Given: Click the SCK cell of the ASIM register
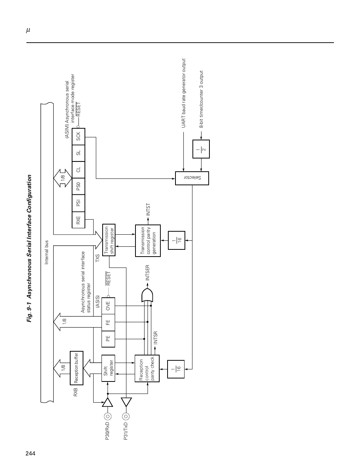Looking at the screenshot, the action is point(78,136).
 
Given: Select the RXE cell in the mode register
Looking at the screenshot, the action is point(78,220).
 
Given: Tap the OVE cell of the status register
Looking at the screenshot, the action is point(108,306).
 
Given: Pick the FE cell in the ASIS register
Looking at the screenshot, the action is point(108,322).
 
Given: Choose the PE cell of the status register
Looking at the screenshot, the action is point(108,339).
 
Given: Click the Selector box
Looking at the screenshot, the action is point(192,178).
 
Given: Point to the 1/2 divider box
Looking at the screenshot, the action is point(201,149).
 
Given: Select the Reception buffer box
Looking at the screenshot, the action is point(77,368).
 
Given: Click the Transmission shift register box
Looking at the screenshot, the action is point(109,240).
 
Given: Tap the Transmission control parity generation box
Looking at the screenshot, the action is point(148,241).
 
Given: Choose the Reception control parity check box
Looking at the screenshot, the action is point(147,368).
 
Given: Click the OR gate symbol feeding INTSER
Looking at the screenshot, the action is point(147,295).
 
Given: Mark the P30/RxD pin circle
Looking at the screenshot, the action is point(108,416).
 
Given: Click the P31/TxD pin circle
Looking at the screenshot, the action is point(126,416).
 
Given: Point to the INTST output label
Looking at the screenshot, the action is point(148,209).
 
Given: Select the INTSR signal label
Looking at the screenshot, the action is point(156,338).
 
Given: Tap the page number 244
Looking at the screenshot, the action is point(31,453).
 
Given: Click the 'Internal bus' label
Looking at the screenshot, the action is point(46,252).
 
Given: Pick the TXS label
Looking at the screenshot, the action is point(98,258).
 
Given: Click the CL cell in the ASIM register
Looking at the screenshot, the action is point(78,170).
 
